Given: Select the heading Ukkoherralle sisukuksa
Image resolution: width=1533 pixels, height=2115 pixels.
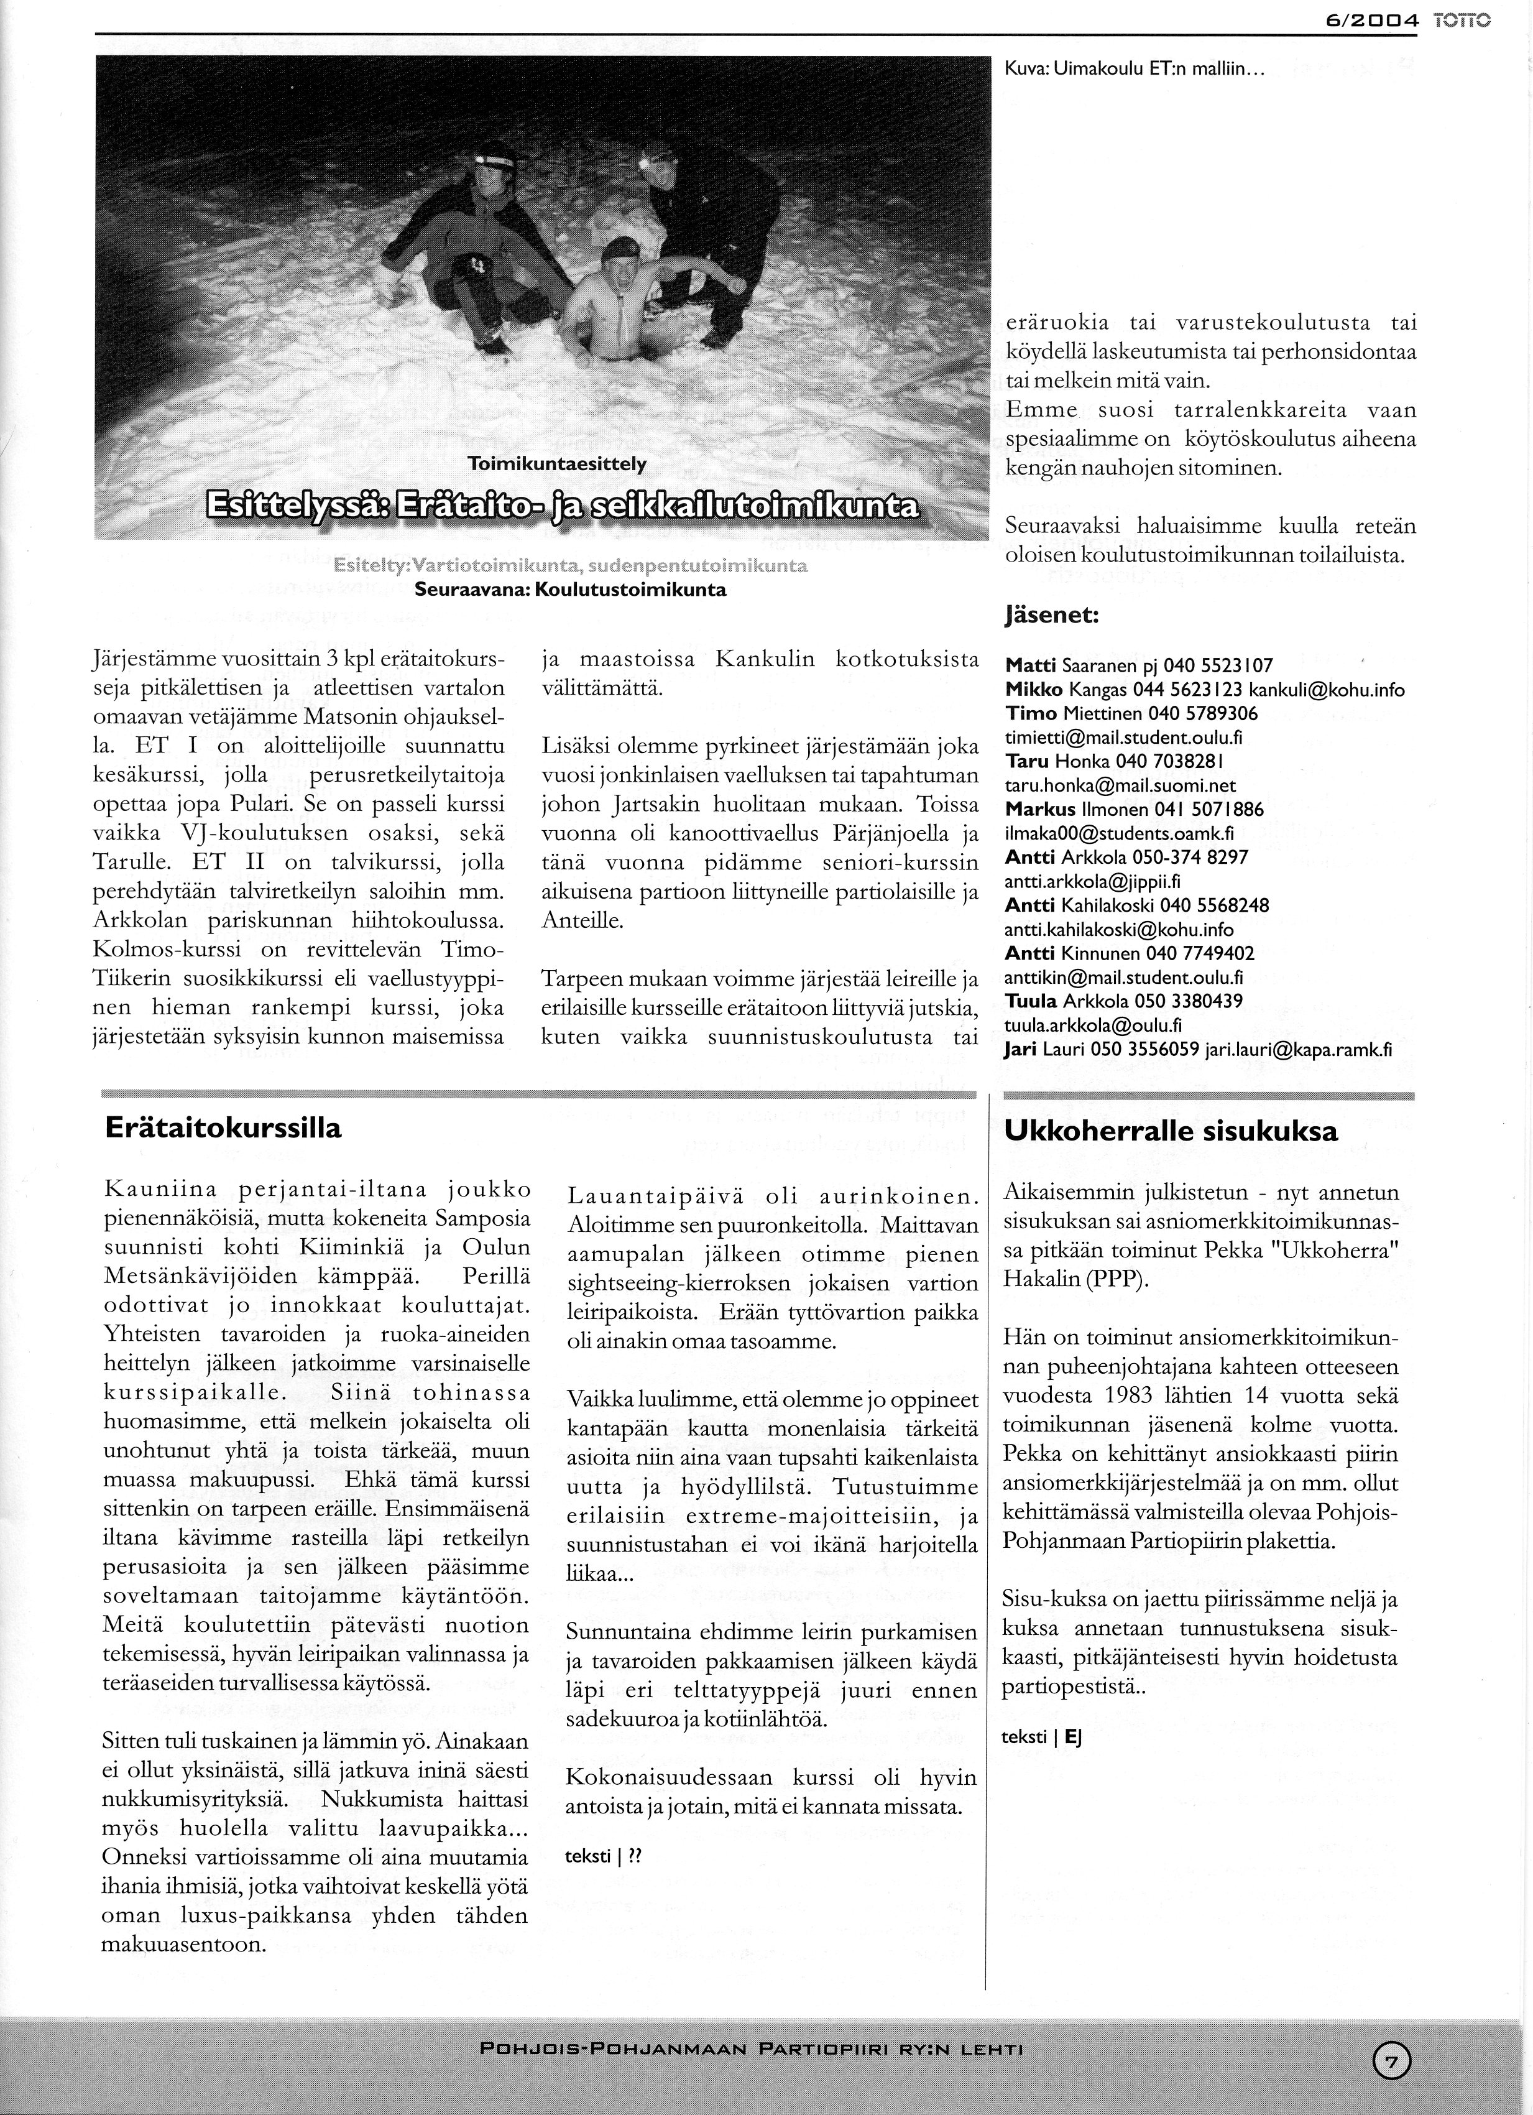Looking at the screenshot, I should (x=1170, y=1131).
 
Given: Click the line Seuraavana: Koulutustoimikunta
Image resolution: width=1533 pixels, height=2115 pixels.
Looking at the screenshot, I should (x=569, y=590).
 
